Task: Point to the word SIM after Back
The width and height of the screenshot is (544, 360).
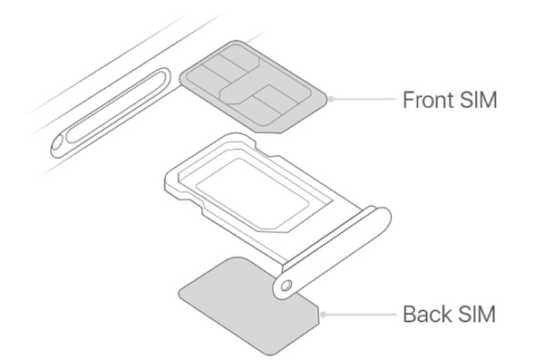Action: coord(478,315)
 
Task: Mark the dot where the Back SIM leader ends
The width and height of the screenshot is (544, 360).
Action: coord(325,315)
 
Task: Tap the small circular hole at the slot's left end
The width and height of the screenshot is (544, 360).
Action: coord(60,141)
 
